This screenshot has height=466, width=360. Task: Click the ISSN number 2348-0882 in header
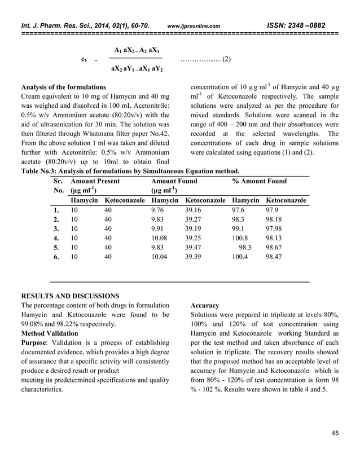(308, 25)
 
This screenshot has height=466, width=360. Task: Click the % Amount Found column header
(259, 181)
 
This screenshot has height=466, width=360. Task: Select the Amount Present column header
(95, 181)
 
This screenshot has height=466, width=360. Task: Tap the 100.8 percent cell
(241, 238)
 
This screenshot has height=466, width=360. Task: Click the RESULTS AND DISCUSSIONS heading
(70, 296)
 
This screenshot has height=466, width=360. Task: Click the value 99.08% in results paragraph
(33, 324)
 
